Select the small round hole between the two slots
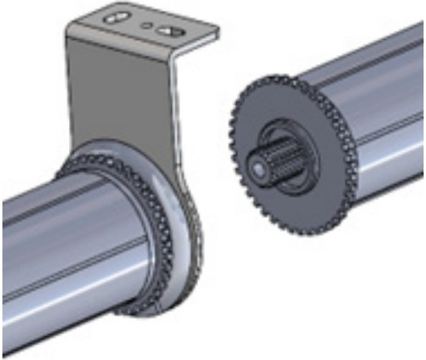click(x=146, y=25)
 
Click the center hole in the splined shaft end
click(x=258, y=167)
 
